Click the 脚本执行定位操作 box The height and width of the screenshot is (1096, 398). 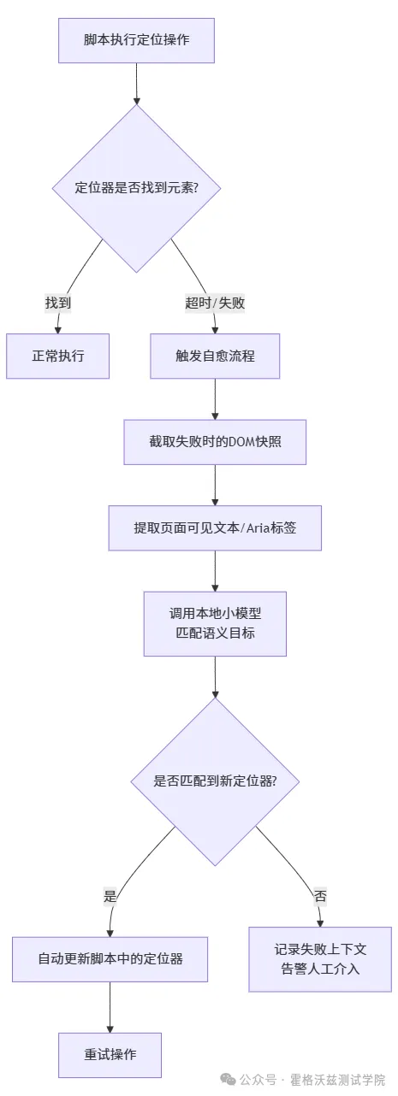pyautogui.click(x=136, y=40)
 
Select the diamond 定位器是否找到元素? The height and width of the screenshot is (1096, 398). pyautogui.click(x=137, y=187)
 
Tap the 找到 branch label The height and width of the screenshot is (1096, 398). pyautogui.click(x=58, y=302)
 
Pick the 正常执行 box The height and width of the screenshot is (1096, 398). pyautogui.click(x=58, y=356)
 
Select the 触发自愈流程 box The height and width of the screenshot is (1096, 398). pyautogui.click(x=215, y=356)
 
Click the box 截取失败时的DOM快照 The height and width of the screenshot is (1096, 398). pyautogui.click(x=215, y=442)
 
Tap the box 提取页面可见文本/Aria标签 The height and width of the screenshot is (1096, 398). pyautogui.click(x=215, y=527)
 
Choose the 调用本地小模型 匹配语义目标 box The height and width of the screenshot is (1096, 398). pyautogui.click(x=215, y=623)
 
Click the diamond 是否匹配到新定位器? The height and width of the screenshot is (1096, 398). pyautogui.click(x=215, y=781)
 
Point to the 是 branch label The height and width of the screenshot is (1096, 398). pyautogui.click(x=110, y=896)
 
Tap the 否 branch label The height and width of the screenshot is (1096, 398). pyautogui.click(x=320, y=896)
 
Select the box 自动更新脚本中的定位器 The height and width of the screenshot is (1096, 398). pyautogui.click(x=110, y=958)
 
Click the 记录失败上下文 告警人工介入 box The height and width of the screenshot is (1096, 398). pyautogui.click(x=320, y=958)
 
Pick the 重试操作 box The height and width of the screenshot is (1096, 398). pyautogui.click(x=110, y=1054)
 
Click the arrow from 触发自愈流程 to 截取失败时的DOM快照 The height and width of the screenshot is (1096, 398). pyautogui.click(x=215, y=398)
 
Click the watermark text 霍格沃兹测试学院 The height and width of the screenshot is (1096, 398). pyautogui.click(x=337, y=1079)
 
